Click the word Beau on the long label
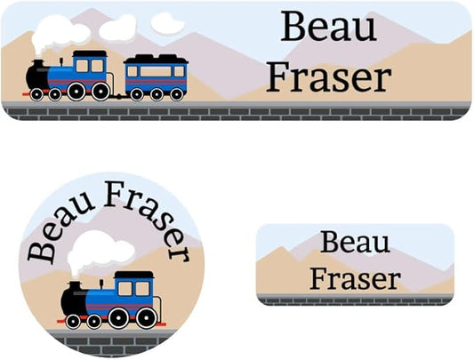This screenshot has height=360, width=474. [329, 27]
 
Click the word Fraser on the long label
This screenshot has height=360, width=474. [329, 76]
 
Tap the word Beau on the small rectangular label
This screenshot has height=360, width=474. [355, 242]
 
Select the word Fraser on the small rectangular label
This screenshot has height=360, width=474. [355, 278]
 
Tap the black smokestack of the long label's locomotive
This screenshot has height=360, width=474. [37, 64]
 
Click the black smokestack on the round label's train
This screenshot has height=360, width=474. [75, 285]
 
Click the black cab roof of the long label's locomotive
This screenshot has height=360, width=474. [90, 54]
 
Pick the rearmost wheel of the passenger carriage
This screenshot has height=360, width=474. [177, 94]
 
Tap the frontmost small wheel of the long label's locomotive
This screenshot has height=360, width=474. [36, 94]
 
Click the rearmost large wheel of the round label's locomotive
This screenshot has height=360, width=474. [147, 317]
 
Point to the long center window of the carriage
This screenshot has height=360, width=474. [156, 71]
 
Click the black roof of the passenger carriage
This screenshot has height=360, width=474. [156, 59]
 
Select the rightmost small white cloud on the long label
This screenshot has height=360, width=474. [167, 23]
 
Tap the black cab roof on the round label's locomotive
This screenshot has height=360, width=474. [134, 275]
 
